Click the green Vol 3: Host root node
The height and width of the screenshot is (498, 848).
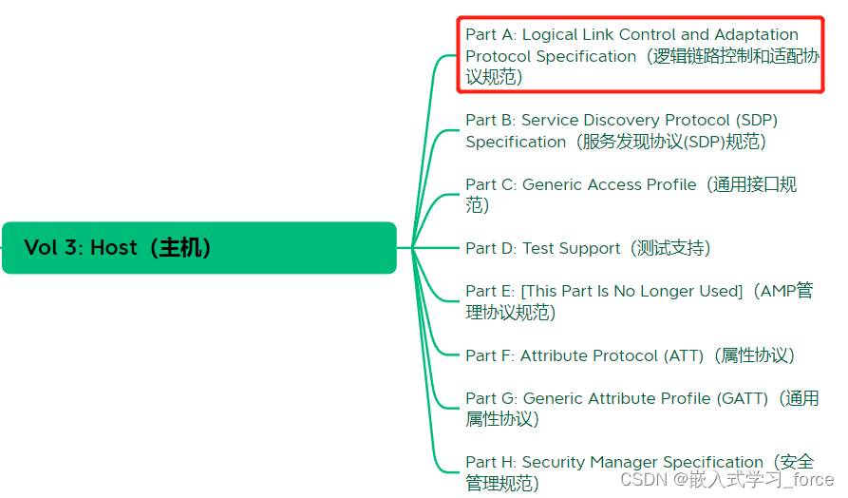point(198,248)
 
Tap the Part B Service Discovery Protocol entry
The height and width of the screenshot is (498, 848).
point(622,131)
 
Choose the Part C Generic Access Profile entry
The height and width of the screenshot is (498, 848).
point(631,195)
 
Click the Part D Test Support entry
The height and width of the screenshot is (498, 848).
point(588,248)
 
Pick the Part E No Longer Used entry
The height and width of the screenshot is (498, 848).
point(638,301)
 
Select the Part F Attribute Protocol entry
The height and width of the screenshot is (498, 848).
point(630,355)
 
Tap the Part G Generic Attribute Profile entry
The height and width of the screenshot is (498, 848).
point(641,409)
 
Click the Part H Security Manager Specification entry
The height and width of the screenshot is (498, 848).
point(638,472)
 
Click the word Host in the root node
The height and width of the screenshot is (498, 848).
point(114,248)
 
